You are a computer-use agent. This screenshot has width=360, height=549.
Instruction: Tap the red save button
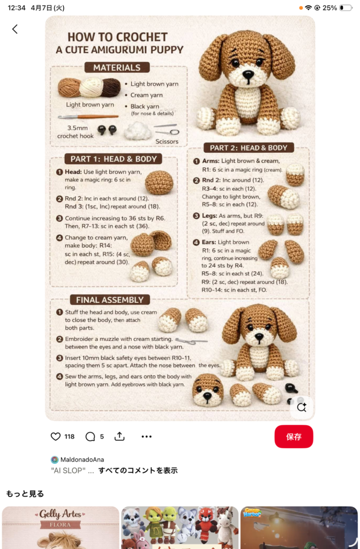(294, 436)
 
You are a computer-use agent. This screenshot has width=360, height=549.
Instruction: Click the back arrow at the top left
(14, 29)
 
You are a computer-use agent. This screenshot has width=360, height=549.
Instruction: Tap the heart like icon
(56, 436)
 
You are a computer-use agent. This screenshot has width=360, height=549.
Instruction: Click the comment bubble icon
(90, 436)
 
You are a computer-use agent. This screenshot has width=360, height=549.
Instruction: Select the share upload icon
(119, 436)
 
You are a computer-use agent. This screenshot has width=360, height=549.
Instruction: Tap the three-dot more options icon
(147, 436)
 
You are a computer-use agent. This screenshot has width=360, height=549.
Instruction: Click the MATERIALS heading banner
(117, 68)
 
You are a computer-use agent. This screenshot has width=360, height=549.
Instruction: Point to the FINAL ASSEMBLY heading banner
(110, 300)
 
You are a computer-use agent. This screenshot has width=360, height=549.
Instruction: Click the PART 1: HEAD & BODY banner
(114, 159)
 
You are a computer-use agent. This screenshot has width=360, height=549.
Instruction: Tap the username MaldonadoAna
(82, 459)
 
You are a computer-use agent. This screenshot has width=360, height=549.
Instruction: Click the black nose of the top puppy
(249, 74)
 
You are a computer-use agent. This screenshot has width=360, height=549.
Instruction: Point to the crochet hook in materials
(88, 116)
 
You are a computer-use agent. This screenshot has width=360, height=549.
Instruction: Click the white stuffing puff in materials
(138, 130)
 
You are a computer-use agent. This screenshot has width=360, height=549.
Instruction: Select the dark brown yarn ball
(111, 87)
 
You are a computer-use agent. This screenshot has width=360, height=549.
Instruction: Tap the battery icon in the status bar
(346, 8)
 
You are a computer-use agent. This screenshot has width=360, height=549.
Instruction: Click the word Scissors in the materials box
(167, 142)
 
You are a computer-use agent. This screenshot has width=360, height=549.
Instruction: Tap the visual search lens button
(302, 407)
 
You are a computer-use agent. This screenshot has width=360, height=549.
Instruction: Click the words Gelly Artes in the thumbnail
(60, 514)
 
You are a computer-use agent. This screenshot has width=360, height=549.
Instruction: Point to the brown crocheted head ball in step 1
(159, 182)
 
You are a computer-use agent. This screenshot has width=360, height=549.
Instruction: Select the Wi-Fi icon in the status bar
(308, 8)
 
